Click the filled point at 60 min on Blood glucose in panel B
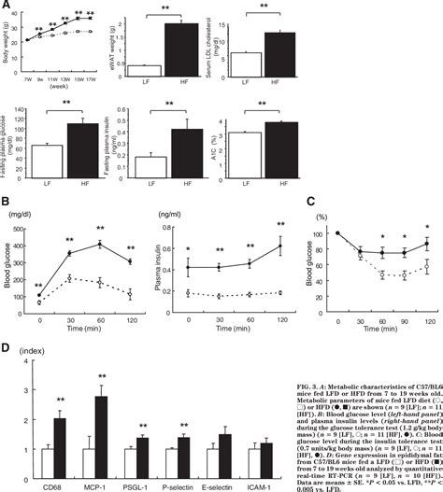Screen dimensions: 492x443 coord(98,245)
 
